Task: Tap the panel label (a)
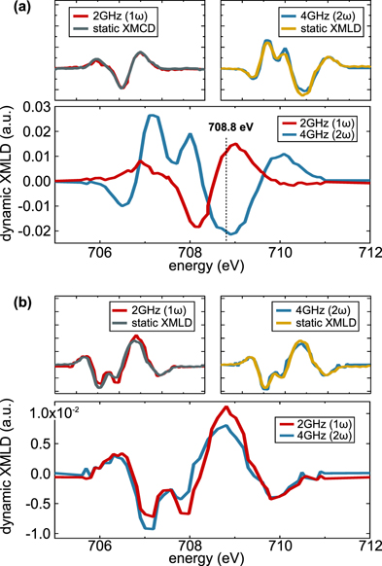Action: [13, 7]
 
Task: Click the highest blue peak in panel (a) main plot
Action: [151, 116]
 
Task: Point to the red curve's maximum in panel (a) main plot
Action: [234, 145]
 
